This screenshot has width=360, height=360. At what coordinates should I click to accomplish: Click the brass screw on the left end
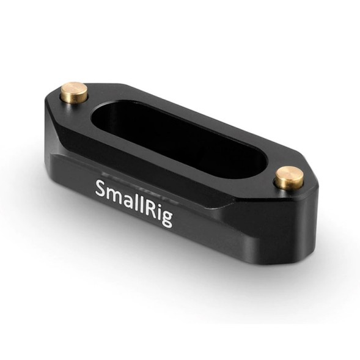pyautogui.click(x=73, y=95)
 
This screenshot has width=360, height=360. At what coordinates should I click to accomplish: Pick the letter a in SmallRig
pyautogui.click(x=127, y=199)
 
